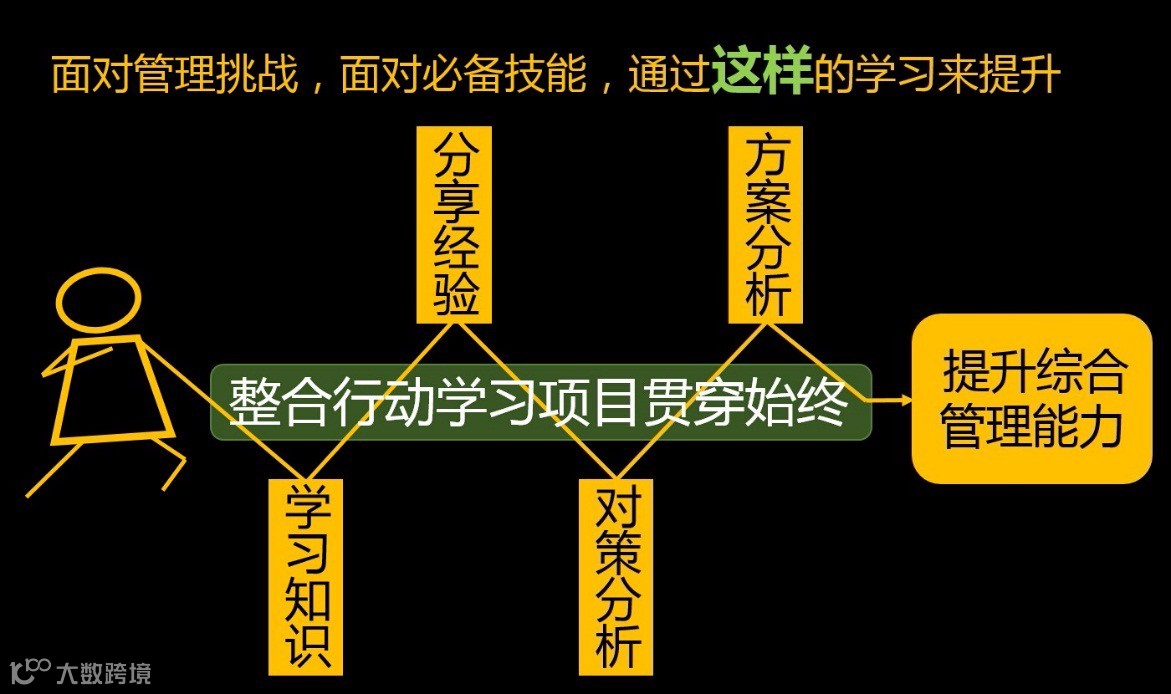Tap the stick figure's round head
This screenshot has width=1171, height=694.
97,298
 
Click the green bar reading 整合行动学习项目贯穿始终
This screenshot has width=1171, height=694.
540,402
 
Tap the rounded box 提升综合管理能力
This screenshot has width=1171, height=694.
1031,399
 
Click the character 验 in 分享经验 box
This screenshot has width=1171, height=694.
454,295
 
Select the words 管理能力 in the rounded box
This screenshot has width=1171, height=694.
1031,426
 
